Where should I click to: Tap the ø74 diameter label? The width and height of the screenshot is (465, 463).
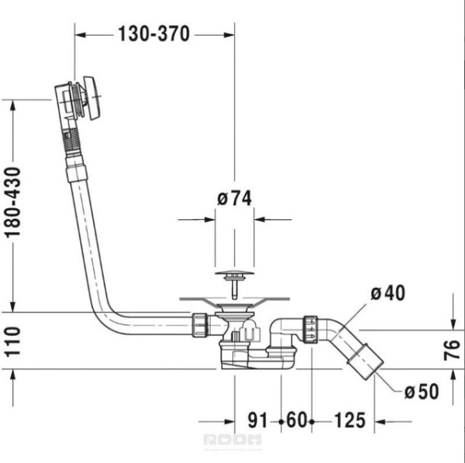(235, 198)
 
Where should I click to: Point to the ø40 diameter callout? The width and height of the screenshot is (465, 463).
(388, 293)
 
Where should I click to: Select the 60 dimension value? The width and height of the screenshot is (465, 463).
(294, 422)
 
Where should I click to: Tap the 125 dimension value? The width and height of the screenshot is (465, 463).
(349, 422)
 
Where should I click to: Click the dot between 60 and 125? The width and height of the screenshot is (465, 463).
(311, 422)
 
